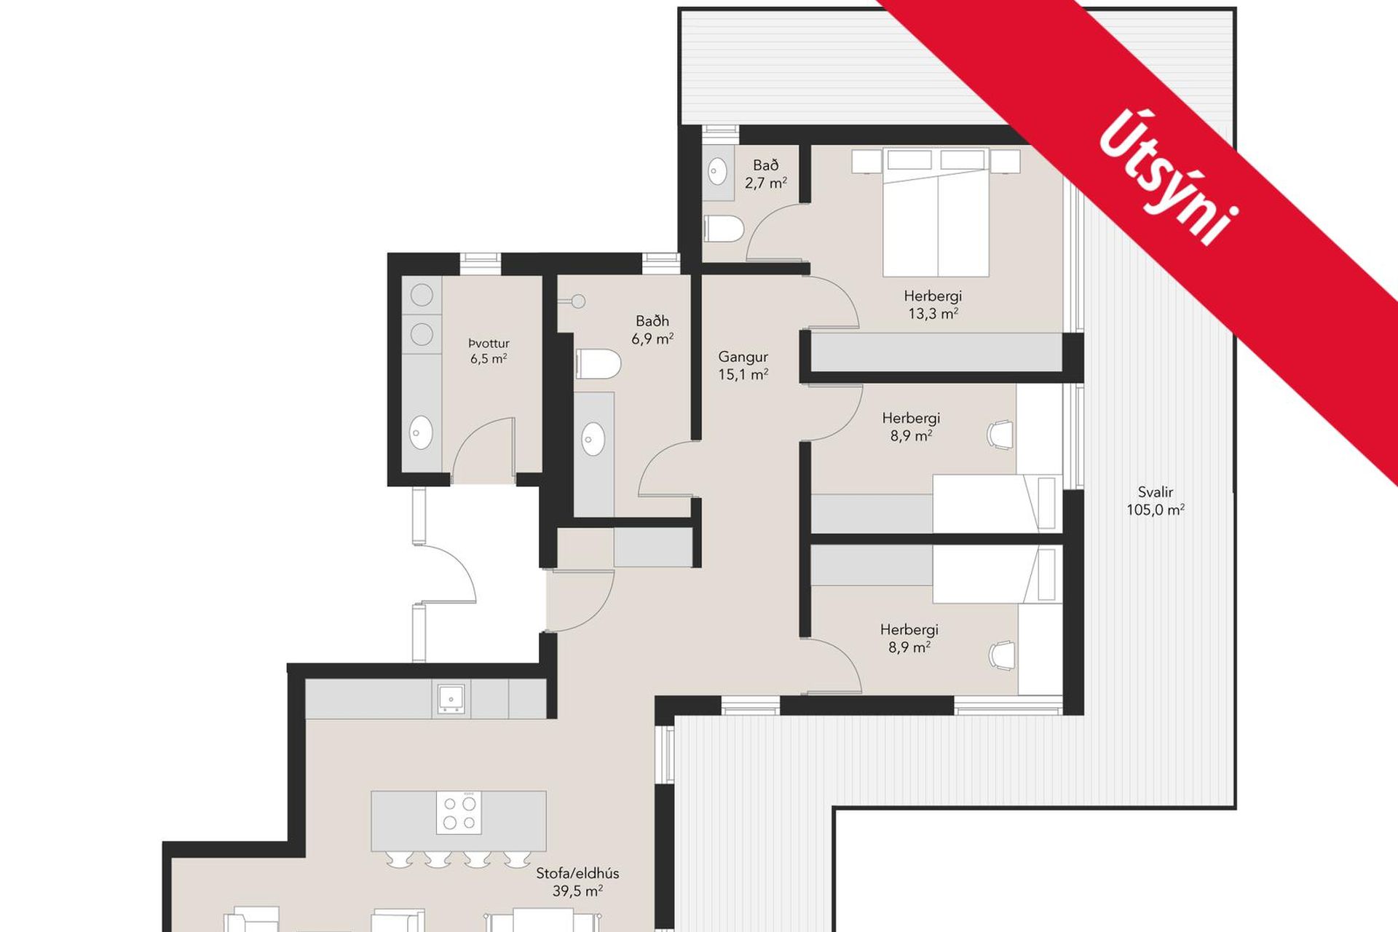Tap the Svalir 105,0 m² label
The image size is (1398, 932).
[1156, 501]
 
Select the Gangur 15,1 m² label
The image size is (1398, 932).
[743, 366]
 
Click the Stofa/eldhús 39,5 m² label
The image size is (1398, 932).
[577, 882]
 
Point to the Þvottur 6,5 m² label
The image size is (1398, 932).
[489, 350]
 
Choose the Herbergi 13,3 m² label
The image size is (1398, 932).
[933, 305]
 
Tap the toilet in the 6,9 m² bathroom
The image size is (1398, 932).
[598, 363]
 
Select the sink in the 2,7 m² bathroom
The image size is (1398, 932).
[717, 173]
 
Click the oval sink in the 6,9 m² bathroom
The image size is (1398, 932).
[593, 439]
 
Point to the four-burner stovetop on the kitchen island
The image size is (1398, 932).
[459, 813]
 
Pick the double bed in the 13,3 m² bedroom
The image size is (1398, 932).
[936, 212]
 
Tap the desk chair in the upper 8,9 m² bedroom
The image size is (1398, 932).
[1001, 434]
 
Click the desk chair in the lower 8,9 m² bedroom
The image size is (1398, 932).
[1002, 654]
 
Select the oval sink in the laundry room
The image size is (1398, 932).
[422, 433]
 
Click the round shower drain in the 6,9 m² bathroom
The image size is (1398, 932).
[579, 301]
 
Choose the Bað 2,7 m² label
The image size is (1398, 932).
[766, 174]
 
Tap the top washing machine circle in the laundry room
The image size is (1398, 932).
[422, 295]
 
